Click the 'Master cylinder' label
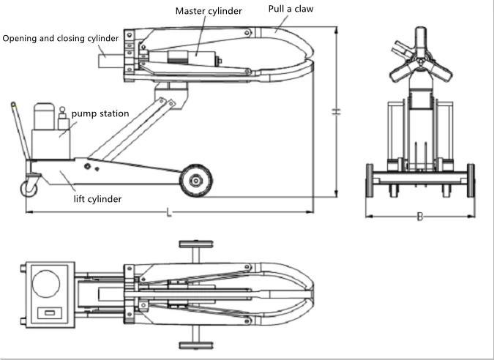click(x=208, y=12)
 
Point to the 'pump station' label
click(x=100, y=113)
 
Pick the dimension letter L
click(x=169, y=212)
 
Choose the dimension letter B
click(x=419, y=217)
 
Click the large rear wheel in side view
click(x=195, y=181)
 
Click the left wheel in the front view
click(x=370, y=181)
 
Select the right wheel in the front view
click(x=471, y=181)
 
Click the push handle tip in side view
click(x=12, y=106)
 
